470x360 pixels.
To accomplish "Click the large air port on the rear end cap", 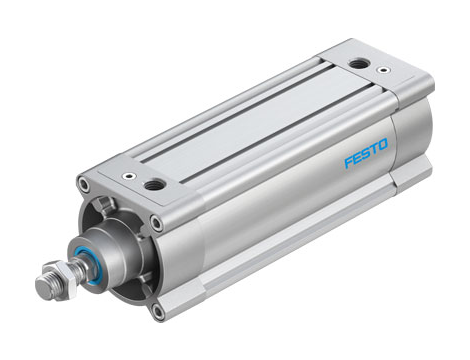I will coord(357,64).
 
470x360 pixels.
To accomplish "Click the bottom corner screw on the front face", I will coord(158,310).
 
